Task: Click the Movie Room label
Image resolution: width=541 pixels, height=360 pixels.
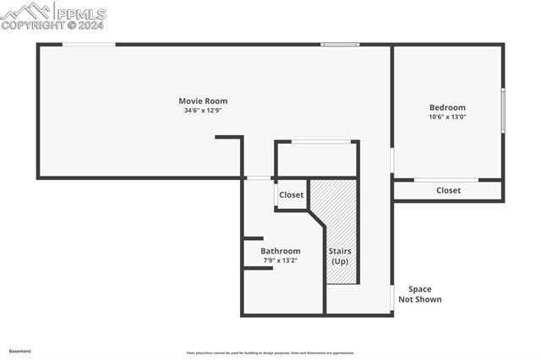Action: click(203, 101)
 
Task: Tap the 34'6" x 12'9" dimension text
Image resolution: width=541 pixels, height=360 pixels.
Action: click(203, 111)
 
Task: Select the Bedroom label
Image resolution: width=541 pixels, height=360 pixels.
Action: click(447, 107)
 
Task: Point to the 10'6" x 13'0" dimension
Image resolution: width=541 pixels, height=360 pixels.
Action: click(447, 117)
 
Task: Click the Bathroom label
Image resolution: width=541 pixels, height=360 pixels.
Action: click(280, 251)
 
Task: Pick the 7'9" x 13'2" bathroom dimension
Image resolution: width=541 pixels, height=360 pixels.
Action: click(280, 260)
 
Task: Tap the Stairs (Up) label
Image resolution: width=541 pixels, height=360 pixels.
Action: click(340, 256)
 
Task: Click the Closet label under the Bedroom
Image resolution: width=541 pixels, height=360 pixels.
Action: click(448, 190)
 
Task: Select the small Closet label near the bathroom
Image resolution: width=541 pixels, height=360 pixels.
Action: click(292, 195)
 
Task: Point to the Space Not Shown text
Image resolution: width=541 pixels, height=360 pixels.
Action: click(419, 294)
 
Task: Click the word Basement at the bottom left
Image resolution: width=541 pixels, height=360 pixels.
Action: click(20, 351)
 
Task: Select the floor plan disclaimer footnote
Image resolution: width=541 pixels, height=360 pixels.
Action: click(270, 353)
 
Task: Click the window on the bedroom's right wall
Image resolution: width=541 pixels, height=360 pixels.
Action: click(503, 111)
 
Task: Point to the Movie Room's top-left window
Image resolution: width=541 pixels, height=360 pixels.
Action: click(89, 44)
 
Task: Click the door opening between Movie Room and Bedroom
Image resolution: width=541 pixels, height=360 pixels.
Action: click(392, 160)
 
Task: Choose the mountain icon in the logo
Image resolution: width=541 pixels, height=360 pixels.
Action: click(25, 11)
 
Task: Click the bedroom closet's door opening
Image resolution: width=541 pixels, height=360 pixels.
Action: click(446, 179)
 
